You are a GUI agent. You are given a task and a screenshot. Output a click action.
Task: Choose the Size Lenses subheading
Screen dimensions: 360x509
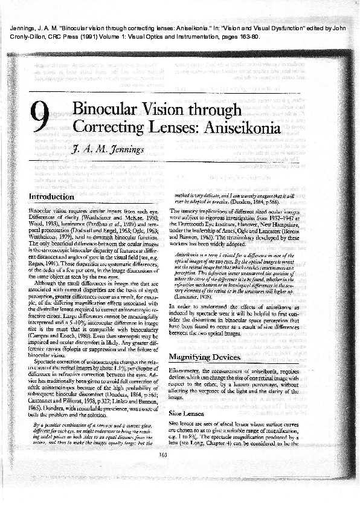(184, 415)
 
